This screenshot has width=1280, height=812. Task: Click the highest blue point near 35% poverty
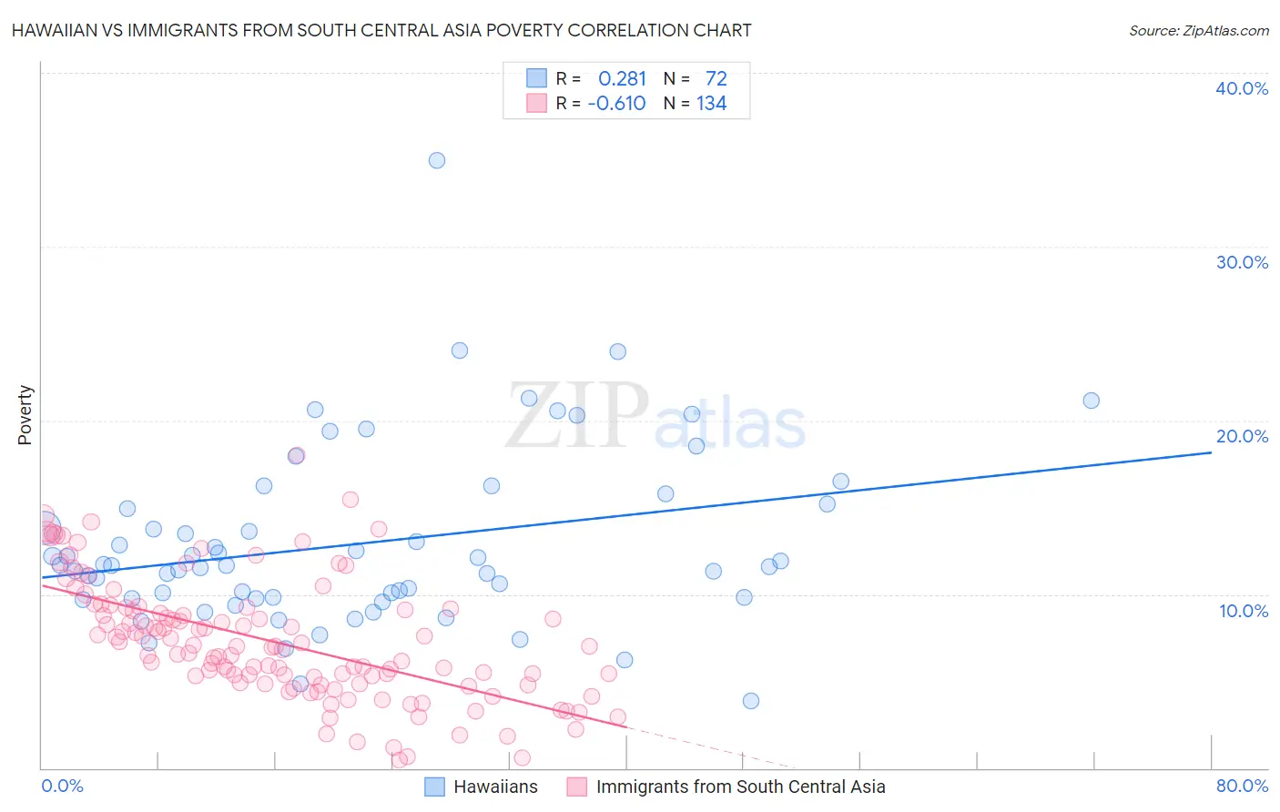[437, 160]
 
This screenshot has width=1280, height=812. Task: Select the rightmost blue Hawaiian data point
[1091, 401]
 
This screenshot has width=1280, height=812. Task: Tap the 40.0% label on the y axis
[1242, 88]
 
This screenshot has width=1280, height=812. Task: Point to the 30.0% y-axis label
[1242, 262]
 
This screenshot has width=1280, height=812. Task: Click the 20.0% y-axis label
[1242, 436]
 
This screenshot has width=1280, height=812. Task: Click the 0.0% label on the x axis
[62, 787]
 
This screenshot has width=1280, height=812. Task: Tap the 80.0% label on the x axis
[1242, 787]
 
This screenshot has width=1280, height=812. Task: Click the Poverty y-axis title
[25, 415]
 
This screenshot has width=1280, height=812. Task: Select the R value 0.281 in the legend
[622, 79]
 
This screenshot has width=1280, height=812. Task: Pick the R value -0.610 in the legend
[616, 104]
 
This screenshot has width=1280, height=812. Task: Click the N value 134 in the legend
[711, 104]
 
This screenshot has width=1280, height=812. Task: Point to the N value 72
[716, 79]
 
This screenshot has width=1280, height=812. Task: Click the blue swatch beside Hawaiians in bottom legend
[435, 787]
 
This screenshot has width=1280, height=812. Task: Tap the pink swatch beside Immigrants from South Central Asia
[577, 787]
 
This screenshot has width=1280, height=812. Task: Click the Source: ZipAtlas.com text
[1198, 31]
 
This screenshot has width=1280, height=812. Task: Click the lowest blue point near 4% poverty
[751, 701]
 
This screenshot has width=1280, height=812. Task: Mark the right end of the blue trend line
[1211, 452]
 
